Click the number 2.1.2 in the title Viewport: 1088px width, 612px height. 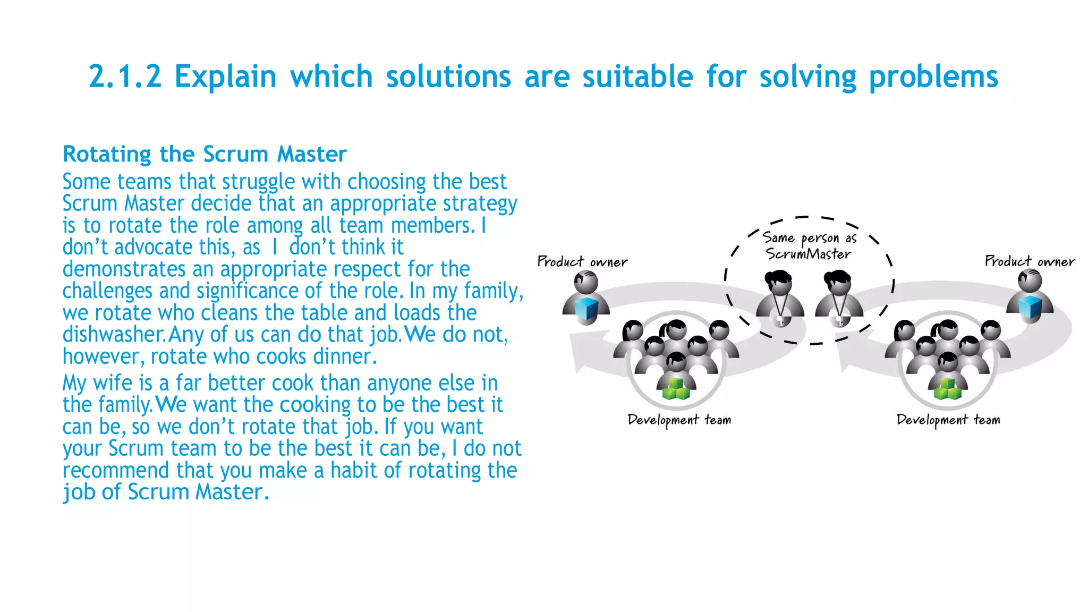[125, 76]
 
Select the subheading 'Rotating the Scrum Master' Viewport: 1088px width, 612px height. [205, 154]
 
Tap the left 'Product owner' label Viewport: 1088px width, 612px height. [582, 261]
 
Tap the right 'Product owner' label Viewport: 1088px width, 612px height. [1030, 261]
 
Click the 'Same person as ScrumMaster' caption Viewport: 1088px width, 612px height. [809, 245]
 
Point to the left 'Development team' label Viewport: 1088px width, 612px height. [679, 420]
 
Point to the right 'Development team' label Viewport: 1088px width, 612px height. [948, 420]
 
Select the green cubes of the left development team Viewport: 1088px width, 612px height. [676, 389]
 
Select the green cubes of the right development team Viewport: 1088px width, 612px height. [947, 389]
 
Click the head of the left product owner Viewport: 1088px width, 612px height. [586, 282]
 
